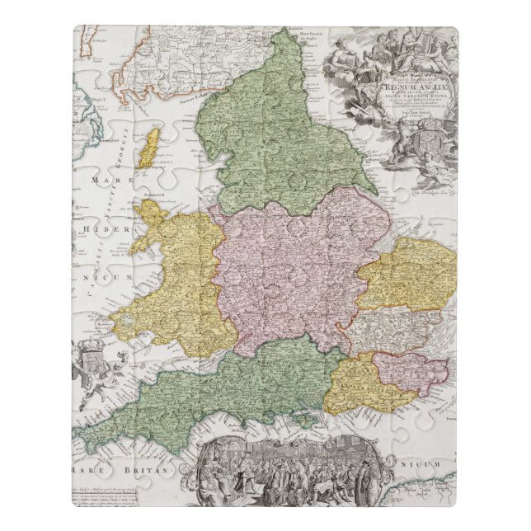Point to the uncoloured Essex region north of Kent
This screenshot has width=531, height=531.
pos(388,328)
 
